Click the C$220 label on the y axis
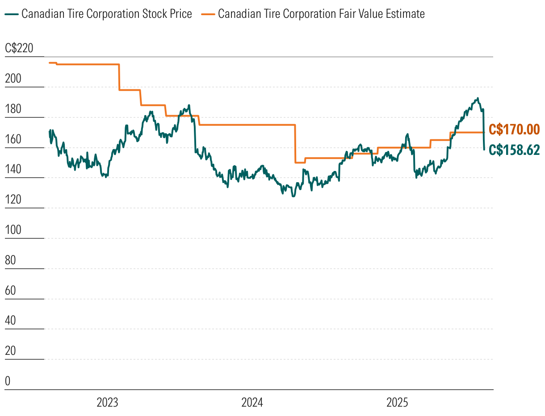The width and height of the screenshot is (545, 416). (19, 49)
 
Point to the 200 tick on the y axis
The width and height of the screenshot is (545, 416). (13, 79)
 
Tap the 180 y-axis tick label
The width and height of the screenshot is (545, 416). (13, 109)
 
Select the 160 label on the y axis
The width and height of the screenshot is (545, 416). (13, 139)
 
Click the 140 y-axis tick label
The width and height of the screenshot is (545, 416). (13, 170)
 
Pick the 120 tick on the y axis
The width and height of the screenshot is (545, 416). (13, 200)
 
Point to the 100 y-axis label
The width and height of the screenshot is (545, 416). (13, 230)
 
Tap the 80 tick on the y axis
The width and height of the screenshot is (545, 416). (10, 260)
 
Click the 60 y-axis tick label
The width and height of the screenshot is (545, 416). (10, 291)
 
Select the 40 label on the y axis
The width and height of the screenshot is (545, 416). (10, 321)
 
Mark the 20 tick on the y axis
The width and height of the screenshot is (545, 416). (10, 351)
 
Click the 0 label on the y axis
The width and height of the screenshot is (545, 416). (8, 381)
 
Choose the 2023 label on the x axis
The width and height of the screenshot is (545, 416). (107, 403)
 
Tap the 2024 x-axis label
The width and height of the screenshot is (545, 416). (252, 403)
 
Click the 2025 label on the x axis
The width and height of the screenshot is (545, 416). (397, 403)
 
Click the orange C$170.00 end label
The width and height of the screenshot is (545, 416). (514, 129)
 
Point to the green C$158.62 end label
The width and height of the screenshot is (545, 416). (514, 150)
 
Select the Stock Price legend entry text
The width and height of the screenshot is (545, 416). (107, 14)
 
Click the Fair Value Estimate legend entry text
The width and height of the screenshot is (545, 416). (321, 14)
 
